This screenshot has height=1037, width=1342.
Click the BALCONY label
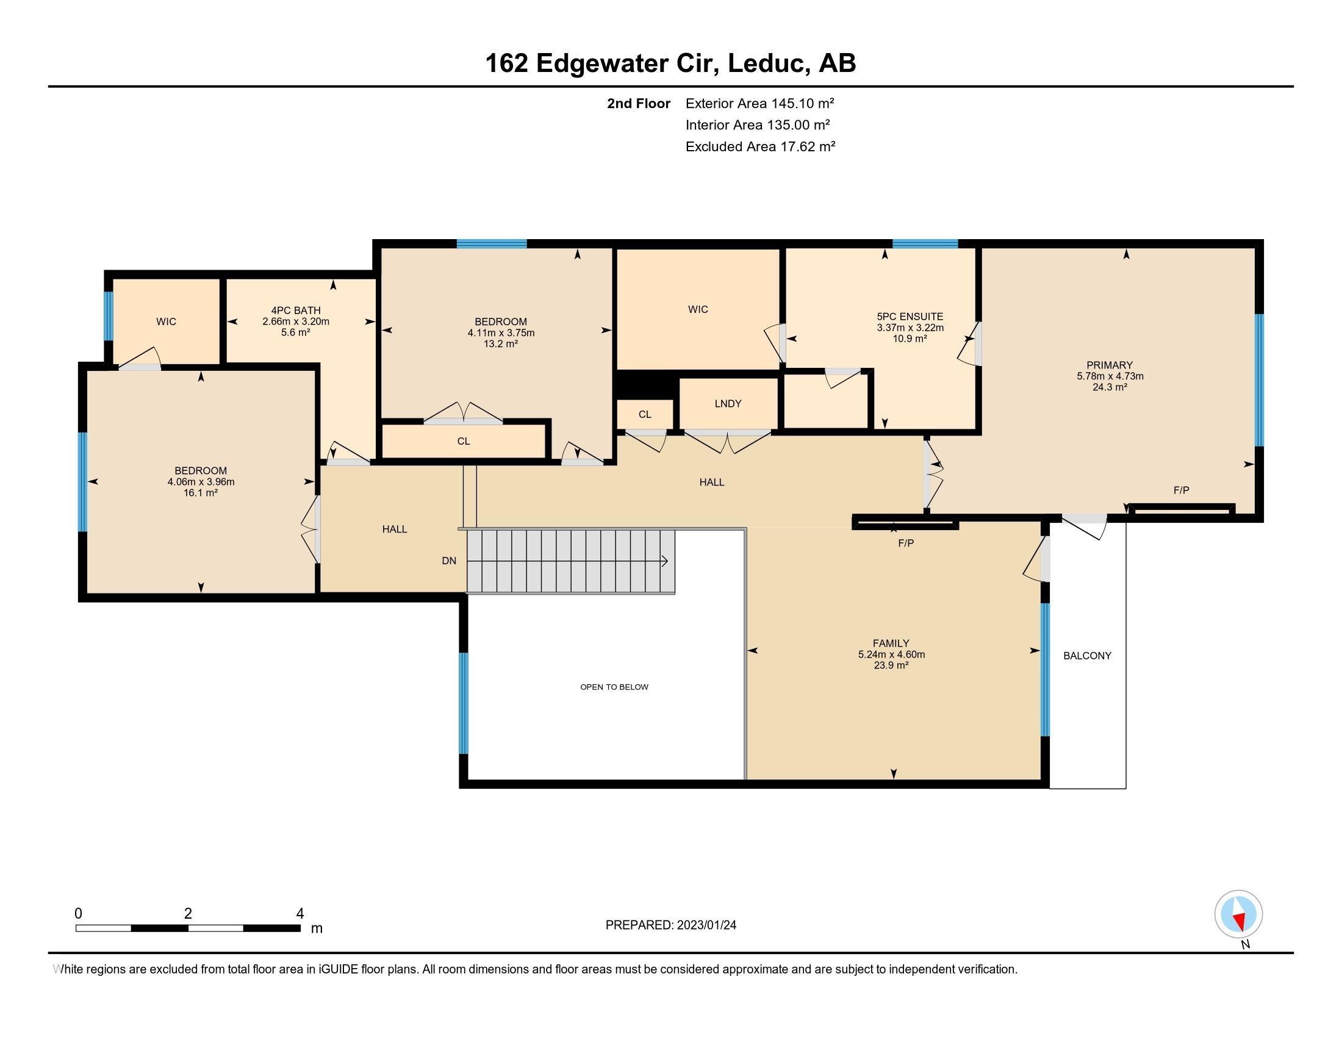point(1087,656)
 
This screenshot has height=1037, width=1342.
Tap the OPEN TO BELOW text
point(614,687)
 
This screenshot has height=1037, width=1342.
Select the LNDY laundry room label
point(728,404)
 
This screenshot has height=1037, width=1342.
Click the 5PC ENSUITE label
point(910,317)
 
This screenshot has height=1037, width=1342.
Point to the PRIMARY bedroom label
point(1109,365)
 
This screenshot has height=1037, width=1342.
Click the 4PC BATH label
point(296,310)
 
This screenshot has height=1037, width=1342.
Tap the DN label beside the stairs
point(449,561)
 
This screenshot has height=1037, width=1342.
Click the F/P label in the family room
point(906,543)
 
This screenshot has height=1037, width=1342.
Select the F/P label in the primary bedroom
point(1181,490)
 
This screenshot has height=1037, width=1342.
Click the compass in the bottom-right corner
point(1238,914)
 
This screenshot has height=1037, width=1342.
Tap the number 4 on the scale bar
point(300,914)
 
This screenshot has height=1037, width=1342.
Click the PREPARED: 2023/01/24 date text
point(670,925)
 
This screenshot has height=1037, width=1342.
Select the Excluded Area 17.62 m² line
point(760,146)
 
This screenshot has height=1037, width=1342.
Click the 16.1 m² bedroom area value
point(200,493)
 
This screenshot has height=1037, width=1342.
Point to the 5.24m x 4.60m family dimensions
point(891,655)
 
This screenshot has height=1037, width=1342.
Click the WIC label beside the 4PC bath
point(166,321)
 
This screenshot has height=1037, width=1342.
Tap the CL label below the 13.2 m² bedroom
point(464,441)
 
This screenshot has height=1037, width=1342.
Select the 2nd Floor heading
point(639,103)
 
